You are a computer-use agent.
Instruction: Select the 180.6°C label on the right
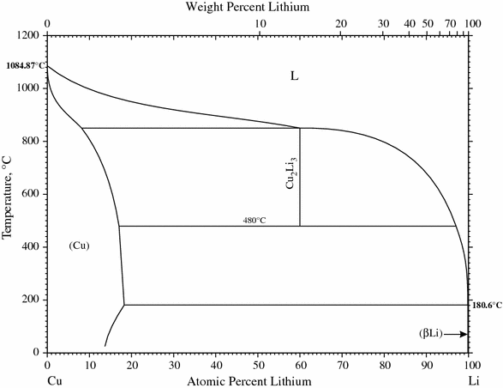click(x=486, y=305)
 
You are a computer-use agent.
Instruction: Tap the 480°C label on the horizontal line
click(x=254, y=221)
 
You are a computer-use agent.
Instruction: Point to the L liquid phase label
click(x=294, y=76)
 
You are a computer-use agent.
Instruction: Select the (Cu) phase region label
click(x=80, y=246)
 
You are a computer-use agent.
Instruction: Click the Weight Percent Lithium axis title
click(x=258, y=7)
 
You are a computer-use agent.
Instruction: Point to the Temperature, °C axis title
click(x=8, y=194)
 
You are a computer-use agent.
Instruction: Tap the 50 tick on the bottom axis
click(x=258, y=364)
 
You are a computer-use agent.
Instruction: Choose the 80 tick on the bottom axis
click(x=384, y=364)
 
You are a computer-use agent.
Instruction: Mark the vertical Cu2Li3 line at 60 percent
click(x=300, y=197)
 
